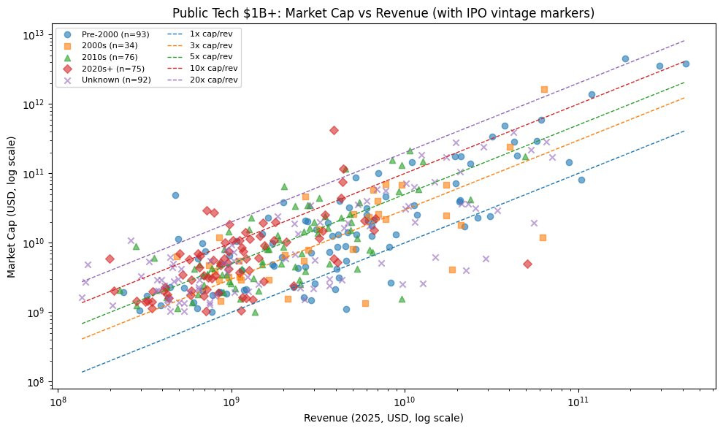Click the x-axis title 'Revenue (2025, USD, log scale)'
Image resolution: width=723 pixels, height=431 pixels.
point(385,418)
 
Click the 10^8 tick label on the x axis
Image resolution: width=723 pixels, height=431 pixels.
point(58,401)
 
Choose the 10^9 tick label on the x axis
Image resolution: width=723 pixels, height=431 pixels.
point(232,401)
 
